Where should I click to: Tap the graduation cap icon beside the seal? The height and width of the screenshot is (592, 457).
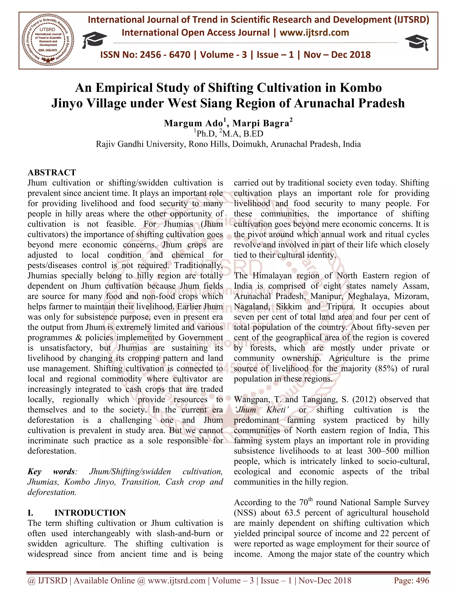pyautogui.click(x=94, y=40)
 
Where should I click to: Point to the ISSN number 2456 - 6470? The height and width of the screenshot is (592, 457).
pyautogui.click(x=165, y=55)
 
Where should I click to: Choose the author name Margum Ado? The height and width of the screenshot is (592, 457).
pyautogui.click(x=193, y=123)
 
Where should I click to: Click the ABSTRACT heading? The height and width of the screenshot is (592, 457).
pyautogui.click(x=52, y=172)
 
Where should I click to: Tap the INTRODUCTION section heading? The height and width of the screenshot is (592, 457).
pyautogui.click(x=90, y=513)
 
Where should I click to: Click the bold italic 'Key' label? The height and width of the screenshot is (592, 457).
pyautogui.click(x=34, y=471)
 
